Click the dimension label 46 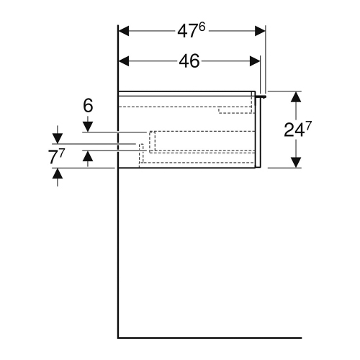point(189,62)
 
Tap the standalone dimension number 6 point(88,105)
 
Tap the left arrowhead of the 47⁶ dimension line point(123,31)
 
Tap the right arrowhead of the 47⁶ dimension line point(260,31)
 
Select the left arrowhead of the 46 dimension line point(123,62)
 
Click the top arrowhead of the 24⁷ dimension point(295,96)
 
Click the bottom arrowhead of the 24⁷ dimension point(295,162)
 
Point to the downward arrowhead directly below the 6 point(88,127)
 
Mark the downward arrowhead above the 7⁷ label point(57,137)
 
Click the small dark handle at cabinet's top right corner point(262,94)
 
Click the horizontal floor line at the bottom point(209,338)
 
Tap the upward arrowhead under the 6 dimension point(88,158)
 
